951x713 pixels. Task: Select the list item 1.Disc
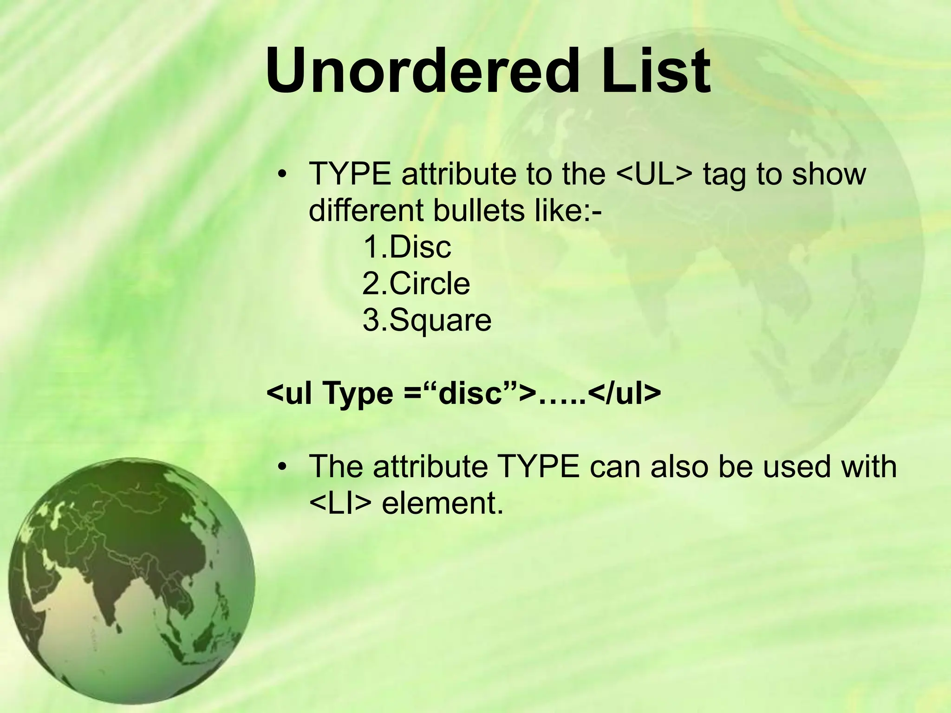[x=407, y=247]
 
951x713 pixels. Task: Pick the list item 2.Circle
[x=416, y=284]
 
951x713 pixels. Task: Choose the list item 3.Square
[x=427, y=320]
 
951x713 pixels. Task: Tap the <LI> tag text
[x=340, y=503]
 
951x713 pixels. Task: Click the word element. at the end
[x=442, y=503]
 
